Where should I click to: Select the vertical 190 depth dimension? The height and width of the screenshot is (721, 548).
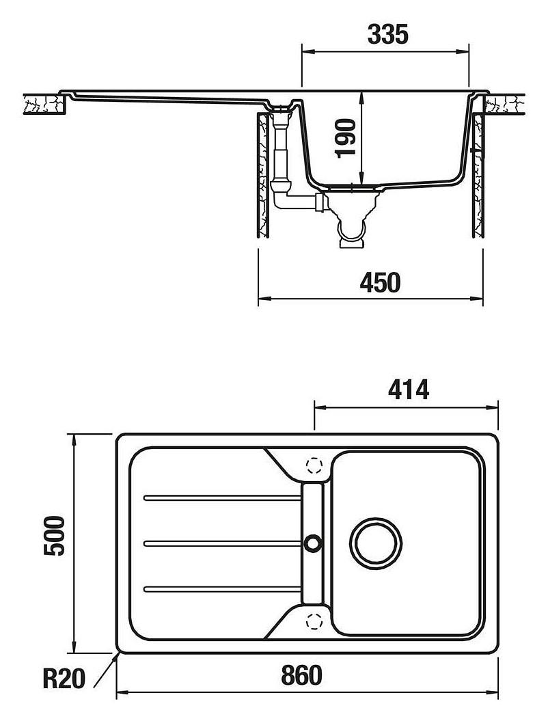click(x=347, y=138)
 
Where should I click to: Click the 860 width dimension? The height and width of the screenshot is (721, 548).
click(x=301, y=676)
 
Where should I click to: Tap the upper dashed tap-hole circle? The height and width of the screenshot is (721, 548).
click(x=314, y=466)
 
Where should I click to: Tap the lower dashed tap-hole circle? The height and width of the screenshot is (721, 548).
click(x=314, y=621)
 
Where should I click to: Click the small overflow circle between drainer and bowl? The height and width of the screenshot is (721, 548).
click(x=314, y=543)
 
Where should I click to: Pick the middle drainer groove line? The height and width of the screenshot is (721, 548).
click(x=222, y=543)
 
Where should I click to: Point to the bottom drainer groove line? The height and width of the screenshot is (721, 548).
click(x=222, y=588)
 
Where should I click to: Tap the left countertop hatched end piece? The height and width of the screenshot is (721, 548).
click(x=44, y=105)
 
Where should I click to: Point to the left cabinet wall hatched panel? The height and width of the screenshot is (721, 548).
click(x=264, y=174)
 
